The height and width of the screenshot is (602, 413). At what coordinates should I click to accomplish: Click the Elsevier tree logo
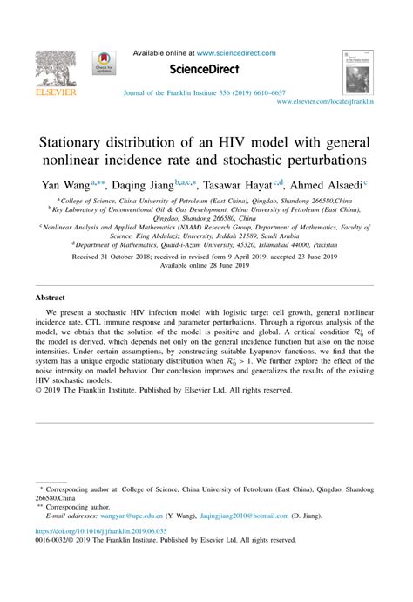tap(54, 66)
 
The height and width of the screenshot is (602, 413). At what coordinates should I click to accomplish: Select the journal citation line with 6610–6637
tap(205, 92)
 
